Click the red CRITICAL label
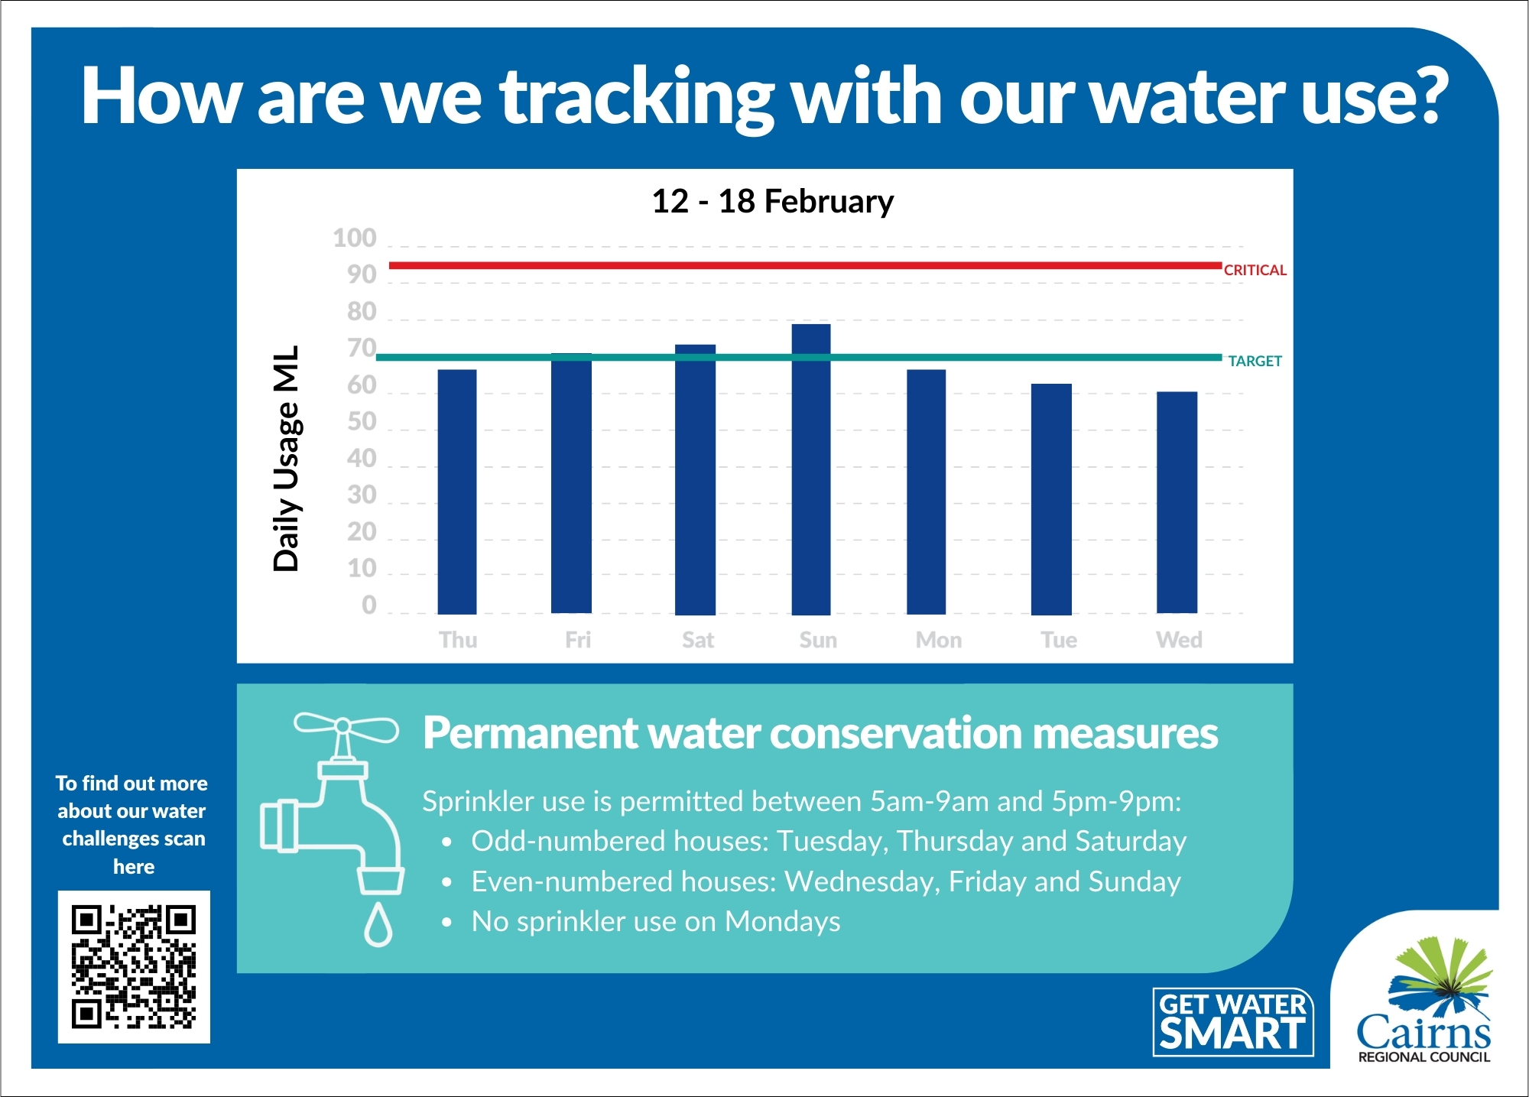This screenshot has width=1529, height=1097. click(x=1255, y=270)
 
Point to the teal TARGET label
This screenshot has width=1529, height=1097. click(x=1255, y=361)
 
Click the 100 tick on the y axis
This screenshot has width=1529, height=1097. click(x=355, y=239)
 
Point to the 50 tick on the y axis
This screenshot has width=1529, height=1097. click(x=362, y=422)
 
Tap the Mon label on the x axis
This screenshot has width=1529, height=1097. click(x=939, y=640)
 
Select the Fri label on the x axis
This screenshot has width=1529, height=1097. click(x=578, y=640)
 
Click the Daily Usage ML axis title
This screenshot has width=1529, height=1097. click(x=287, y=458)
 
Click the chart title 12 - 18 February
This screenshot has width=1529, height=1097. click(x=772, y=201)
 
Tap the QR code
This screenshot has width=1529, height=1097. click(x=134, y=966)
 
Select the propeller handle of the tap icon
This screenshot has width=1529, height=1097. click(x=346, y=726)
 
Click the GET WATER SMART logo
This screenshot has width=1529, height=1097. click(x=1232, y=1022)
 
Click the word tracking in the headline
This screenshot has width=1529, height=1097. click(x=637, y=97)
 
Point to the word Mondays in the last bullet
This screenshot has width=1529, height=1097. click(x=782, y=921)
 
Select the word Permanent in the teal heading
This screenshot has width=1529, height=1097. click(x=530, y=733)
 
